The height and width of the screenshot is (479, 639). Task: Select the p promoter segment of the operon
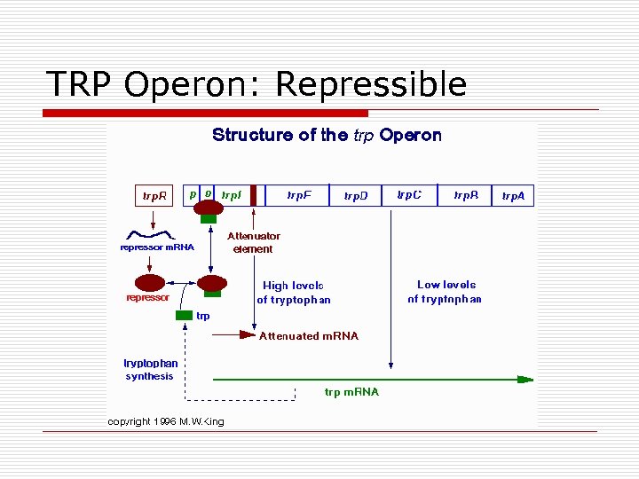193,193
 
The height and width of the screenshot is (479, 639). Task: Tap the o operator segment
209,193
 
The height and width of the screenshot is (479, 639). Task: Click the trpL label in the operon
231,194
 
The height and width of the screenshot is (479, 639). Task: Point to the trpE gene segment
299,195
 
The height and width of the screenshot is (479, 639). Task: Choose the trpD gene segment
356,196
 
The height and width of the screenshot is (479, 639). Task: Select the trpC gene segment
410,195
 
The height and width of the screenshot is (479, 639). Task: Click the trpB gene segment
466,195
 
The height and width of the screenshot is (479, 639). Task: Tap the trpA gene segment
514,196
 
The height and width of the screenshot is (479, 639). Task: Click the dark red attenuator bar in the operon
253,195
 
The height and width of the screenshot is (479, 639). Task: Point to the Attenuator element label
253,242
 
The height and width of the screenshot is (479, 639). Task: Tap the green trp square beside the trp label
184,316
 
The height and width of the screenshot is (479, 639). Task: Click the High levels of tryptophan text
294,293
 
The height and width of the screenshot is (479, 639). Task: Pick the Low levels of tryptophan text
445,292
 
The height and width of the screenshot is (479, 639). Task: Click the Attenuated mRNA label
309,336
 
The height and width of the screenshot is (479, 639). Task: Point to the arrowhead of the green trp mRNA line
526,380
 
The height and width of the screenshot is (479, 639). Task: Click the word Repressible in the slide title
371,84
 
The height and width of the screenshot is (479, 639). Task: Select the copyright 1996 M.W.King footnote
166,421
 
